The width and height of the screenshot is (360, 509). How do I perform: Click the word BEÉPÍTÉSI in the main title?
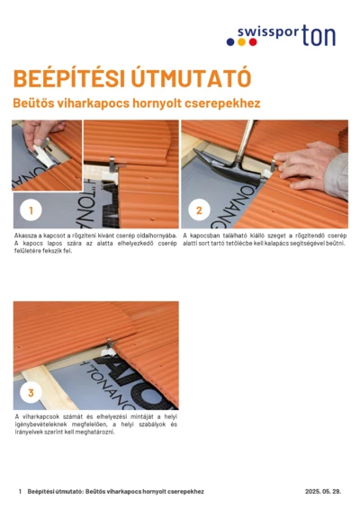(x=64, y=78)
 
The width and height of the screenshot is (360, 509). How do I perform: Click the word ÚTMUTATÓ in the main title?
(x=184, y=78)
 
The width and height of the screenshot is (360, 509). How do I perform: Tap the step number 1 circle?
(x=30, y=210)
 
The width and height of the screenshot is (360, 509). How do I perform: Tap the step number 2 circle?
(x=199, y=210)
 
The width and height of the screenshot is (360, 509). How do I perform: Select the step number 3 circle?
(x=30, y=392)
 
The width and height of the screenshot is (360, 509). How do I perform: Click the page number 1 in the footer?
(x=20, y=492)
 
